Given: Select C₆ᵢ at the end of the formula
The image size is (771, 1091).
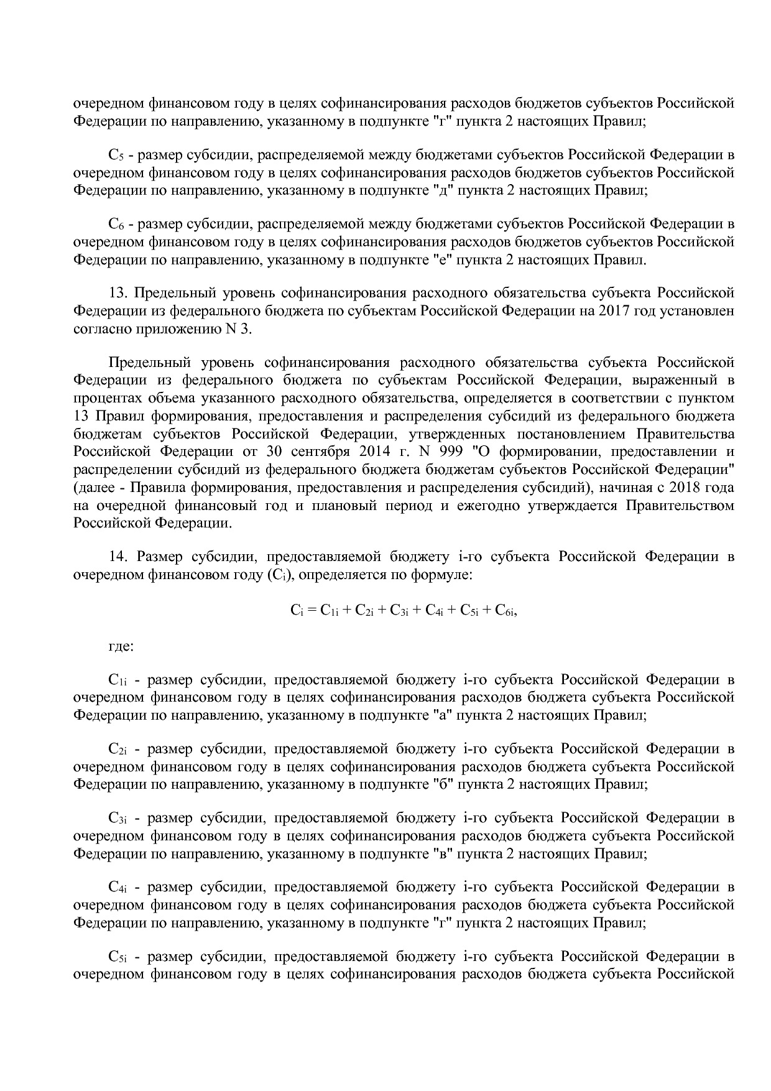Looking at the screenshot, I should [x=505, y=611].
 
